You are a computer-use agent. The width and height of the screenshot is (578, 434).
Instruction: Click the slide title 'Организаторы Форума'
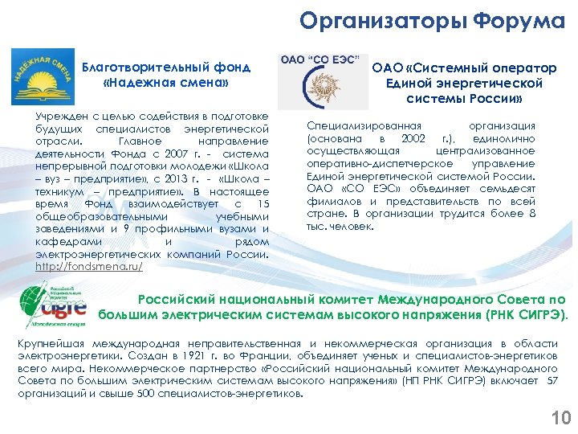432,21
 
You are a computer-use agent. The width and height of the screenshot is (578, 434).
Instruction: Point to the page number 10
560,417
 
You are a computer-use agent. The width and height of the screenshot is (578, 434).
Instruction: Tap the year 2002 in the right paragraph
413,138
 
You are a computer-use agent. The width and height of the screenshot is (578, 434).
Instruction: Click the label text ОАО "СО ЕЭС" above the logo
319,60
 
